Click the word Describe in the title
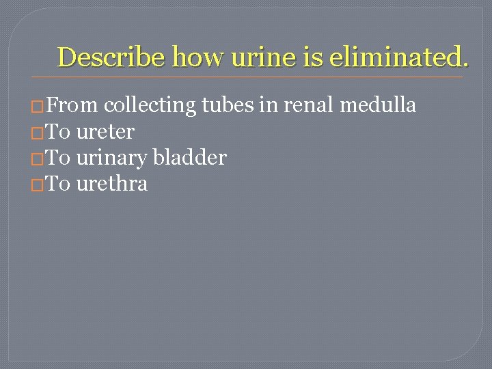(x=111, y=57)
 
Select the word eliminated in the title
(x=399, y=57)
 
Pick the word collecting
(x=150, y=105)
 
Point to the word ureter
(x=105, y=131)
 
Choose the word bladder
(x=190, y=157)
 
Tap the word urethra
(x=112, y=183)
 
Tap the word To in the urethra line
(x=59, y=183)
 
